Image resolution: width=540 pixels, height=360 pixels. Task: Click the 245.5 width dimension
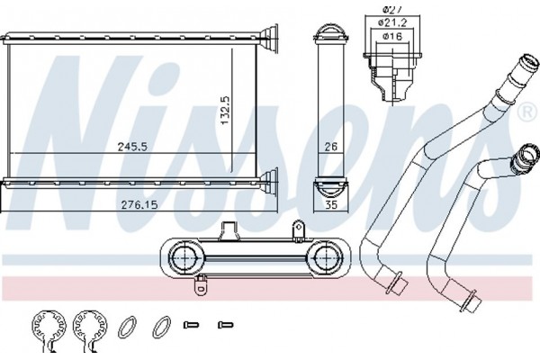point(132,147)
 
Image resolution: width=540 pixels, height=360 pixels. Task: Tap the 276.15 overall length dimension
point(139,205)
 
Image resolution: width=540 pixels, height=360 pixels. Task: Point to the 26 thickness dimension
point(331,147)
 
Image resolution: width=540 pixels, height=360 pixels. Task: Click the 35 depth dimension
point(331,205)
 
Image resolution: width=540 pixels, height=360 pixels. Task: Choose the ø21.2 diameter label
point(392,23)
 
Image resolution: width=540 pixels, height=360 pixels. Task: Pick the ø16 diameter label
point(392,36)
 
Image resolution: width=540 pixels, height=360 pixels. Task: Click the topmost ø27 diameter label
point(392,10)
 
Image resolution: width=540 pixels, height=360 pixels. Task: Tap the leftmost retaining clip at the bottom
point(49,330)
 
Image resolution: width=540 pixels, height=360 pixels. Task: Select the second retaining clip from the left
point(90,330)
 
